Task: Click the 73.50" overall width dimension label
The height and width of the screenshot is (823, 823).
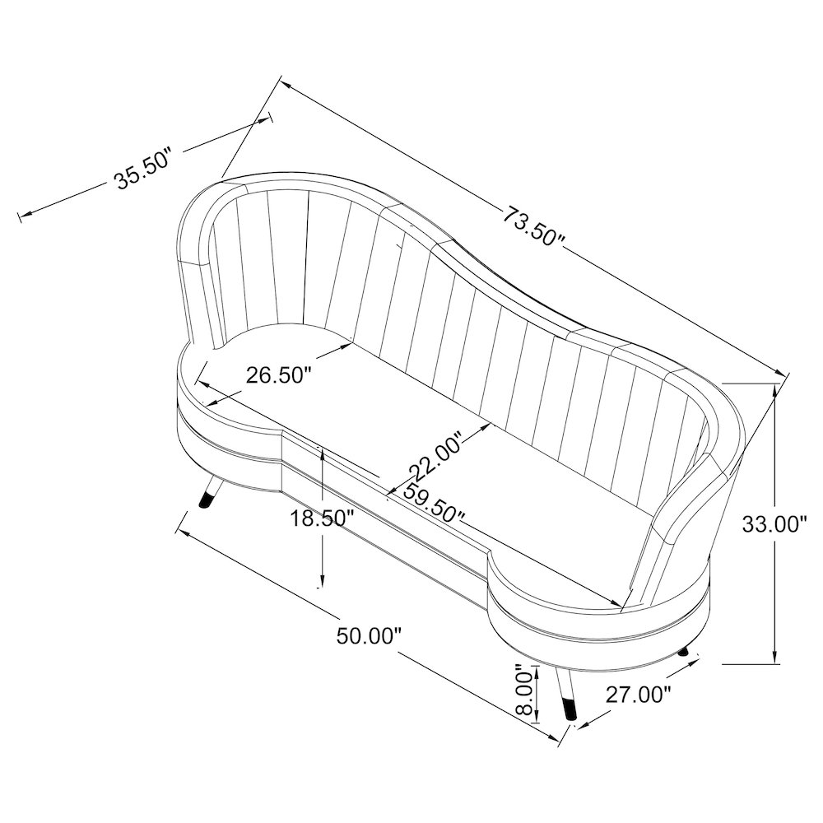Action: pos(534,226)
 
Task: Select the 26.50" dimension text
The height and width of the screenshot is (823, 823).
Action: pos(279,375)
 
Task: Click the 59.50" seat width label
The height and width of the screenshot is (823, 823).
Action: pos(434,503)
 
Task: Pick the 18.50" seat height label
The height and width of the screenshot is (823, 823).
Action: pos(322,518)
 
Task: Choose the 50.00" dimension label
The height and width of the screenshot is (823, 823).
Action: pos(369,636)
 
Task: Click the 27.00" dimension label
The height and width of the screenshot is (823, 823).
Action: pos(639,695)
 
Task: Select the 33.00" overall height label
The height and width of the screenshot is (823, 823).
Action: pos(774,523)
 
